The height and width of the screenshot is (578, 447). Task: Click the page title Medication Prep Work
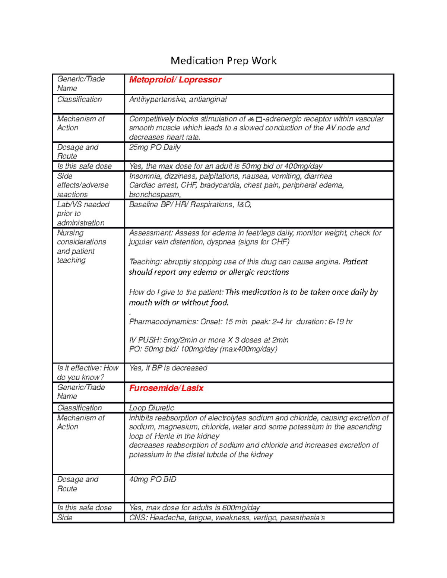[223, 61]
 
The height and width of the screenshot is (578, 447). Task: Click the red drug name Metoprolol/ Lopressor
[175, 80]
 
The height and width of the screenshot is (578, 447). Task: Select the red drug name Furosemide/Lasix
[166, 388]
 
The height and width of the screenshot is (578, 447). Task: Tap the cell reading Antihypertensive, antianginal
[178, 99]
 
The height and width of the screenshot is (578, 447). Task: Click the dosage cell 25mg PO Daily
[155, 147]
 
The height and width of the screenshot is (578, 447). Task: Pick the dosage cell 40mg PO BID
[152, 479]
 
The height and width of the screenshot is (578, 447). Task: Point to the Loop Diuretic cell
[151, 408]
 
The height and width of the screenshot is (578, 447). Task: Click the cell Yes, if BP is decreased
[168, 368]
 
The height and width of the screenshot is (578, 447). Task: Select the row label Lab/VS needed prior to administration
[83, 214]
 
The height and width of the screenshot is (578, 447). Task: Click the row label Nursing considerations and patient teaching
[81, 246]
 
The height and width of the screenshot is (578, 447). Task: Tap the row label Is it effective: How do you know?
[88, 373]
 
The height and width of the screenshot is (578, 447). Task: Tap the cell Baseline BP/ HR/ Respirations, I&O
[190, 205]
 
